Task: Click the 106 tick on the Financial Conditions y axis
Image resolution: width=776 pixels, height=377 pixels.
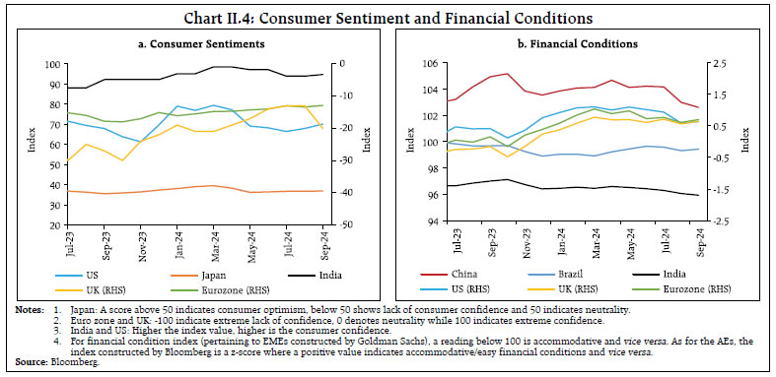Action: click(x=430, y=64)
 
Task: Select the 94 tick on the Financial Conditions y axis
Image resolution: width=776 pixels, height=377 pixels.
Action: click(x=433, y=221)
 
